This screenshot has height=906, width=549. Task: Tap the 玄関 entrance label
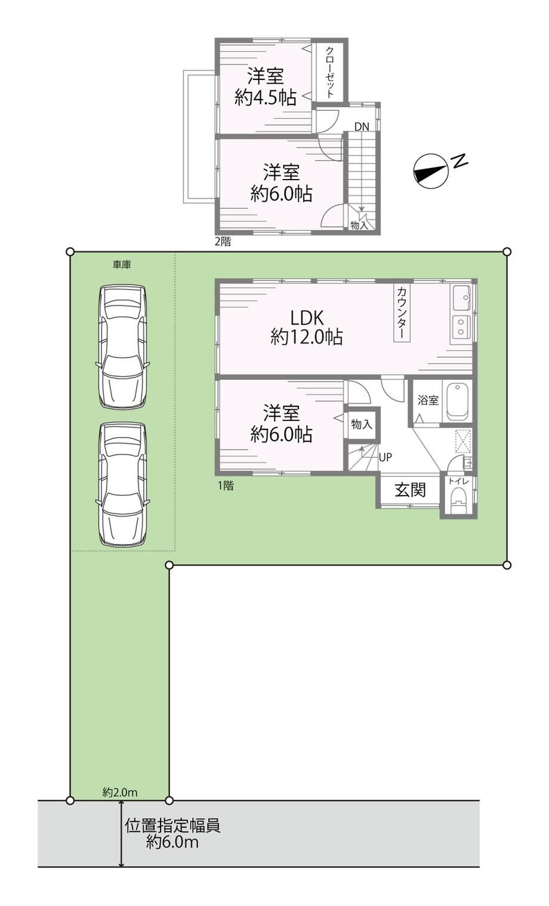point(410,490)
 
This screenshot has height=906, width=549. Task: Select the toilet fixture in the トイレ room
point(458,501)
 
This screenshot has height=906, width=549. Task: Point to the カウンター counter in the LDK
point(402,314)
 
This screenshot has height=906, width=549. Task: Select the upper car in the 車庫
point(122,347)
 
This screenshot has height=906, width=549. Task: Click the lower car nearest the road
point(122,484)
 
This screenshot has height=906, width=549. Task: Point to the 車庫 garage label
point(122,265)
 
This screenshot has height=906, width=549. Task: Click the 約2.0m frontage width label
point(120,792)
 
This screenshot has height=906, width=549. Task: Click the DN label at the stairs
point(362,126)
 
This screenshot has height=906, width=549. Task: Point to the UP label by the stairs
point(385,457)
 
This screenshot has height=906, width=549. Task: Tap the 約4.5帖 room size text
point(266,97)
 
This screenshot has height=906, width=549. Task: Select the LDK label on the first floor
point(307,318)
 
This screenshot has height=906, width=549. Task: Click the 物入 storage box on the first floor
point(362,424)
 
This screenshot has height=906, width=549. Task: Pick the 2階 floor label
point(223,242)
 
